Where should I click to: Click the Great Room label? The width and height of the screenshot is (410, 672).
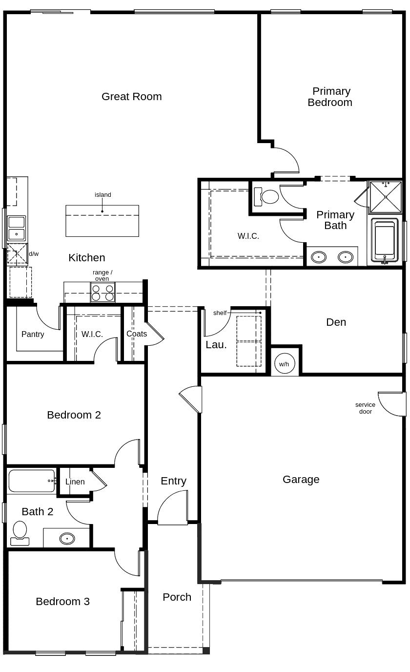point(131,96)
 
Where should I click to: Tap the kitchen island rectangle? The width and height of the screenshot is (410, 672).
point(102,220)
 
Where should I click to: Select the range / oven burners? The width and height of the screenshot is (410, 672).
point(102,292)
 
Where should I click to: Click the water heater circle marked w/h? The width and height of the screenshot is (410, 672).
point(284,363)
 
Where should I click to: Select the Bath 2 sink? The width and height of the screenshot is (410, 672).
point(67,538)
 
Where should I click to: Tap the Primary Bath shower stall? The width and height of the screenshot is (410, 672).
point(386,197)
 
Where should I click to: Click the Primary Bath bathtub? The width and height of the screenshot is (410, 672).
point(385,241)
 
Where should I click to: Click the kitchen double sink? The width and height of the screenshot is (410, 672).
point(17,228)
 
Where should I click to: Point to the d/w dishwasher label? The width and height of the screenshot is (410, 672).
point(34,254)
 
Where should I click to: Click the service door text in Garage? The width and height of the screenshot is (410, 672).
point(365,408)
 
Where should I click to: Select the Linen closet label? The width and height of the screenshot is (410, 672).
point(75,482)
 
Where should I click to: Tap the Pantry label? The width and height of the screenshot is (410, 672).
point(33,334)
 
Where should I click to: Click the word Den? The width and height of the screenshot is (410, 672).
point(336,322)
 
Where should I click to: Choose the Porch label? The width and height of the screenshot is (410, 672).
point(177,597)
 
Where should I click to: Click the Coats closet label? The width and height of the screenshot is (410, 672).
point(137,334)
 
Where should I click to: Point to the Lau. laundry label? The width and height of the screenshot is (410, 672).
point(216,344)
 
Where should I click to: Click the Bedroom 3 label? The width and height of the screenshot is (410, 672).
point(62,601)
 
